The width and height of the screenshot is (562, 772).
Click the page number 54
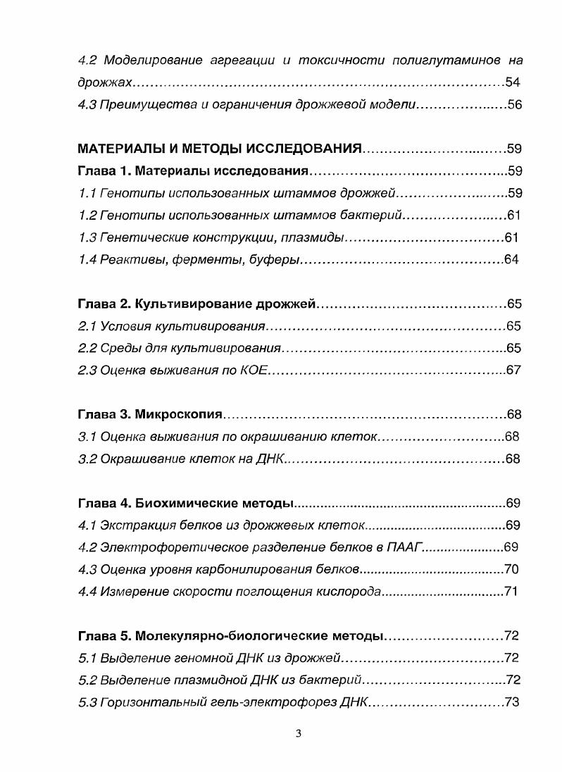point(513,82)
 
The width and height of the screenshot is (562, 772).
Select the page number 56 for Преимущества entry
point(513,105)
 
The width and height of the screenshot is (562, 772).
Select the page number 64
point(511,259)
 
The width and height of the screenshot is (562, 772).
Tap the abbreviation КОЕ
point(253,371)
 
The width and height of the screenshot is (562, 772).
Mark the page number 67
point(513,370)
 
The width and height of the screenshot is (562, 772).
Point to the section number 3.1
point(87,437)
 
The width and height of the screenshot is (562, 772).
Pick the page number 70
point(511,569)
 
